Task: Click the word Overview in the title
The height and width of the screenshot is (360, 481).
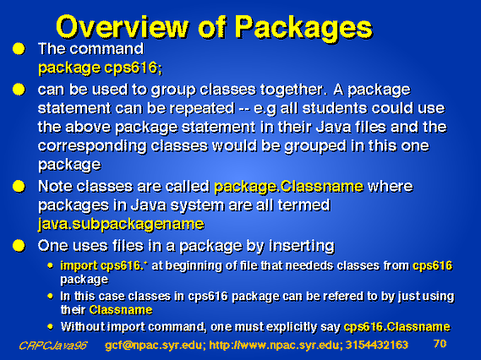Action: coord(122,27)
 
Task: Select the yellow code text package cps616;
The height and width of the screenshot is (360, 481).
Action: coord(101,68)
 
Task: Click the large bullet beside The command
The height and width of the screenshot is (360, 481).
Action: coord(19,49)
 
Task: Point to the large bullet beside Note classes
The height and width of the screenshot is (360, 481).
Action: coord(19,187)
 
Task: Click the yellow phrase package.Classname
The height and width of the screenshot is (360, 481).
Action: coord(288,187)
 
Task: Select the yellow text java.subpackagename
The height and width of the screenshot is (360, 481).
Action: coord(121,225)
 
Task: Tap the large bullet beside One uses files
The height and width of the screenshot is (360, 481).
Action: coord(19,246)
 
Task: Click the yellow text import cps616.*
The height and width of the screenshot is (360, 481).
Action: coord(103,266)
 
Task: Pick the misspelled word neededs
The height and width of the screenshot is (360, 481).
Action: coord(309,265)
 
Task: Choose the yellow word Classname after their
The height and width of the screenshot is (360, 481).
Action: coord(121,310)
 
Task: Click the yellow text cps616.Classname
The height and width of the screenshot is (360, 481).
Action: coord(397,327)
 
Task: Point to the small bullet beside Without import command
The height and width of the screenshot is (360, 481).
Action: coord(51,326)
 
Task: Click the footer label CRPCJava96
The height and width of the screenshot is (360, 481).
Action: coord(53,346)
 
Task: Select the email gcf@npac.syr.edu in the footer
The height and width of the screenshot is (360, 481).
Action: coord(153,346)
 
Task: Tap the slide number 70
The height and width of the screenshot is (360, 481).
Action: coord(440,344)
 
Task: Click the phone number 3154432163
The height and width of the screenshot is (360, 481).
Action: coord(377,346)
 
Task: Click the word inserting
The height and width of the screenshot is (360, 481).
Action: coord(302,246)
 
